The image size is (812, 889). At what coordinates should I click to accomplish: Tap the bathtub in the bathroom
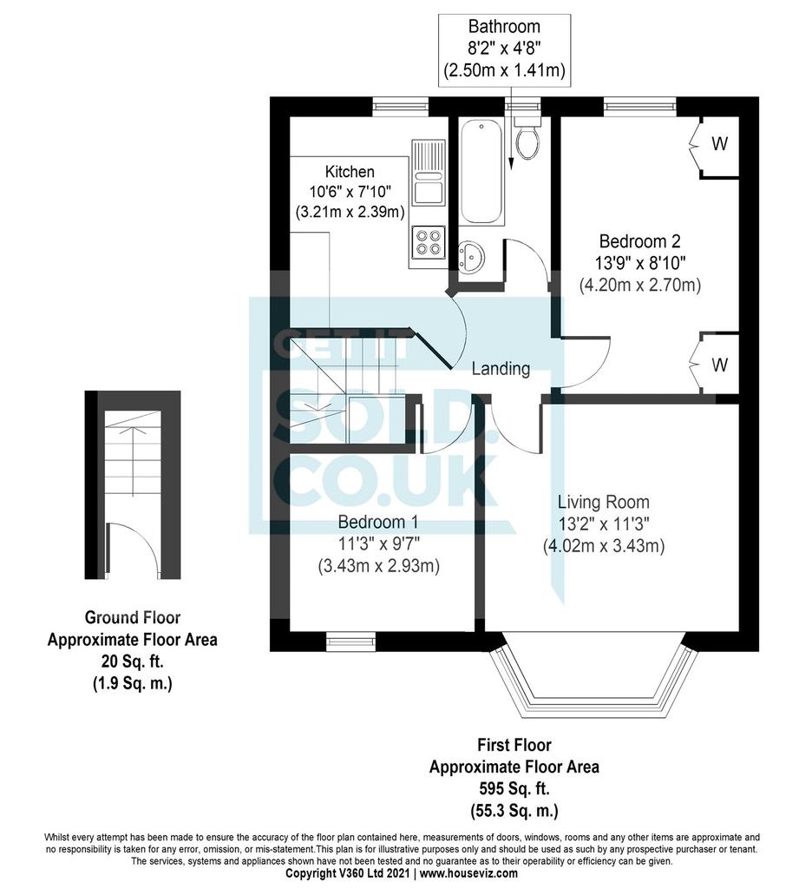pyautogui.click(x=481, y=172)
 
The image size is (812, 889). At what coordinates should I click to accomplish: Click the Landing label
pyautogui.click(x=501, y=369)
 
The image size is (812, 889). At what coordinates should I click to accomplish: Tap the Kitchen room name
pyautogui.click(x=350, y=172)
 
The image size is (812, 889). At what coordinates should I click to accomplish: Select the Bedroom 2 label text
pyautogui.click(x=639, y=241)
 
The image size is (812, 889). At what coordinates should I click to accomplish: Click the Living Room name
pyautogui.click(x=604, y=502)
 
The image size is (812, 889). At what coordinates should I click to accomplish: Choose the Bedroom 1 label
pyautogui.click(x=379, y=522)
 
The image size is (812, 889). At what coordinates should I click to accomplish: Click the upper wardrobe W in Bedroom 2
pyautogui.click(x=719, y=144)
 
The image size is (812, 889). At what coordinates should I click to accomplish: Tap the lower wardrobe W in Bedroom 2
pyautogui.click(x=719, y=365)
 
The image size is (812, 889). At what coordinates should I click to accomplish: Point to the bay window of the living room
pyautogui.click(x=593, y=680)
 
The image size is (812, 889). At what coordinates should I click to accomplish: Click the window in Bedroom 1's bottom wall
pyautogui.click(x=350, y=642)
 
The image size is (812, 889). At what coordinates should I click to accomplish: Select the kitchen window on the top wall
pyautogui.click(x=400, y=106)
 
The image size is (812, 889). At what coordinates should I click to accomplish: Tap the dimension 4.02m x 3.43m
pyautogui.click(x=604, y=546)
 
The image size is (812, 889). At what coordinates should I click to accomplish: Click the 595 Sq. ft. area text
pyautogui.click(x=514, y=788)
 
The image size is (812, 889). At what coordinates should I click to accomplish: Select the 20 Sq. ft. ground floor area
pyautogui.click(x=133, y=662)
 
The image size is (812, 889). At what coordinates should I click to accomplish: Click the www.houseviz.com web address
pyautogui.click(x=468, y=873)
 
